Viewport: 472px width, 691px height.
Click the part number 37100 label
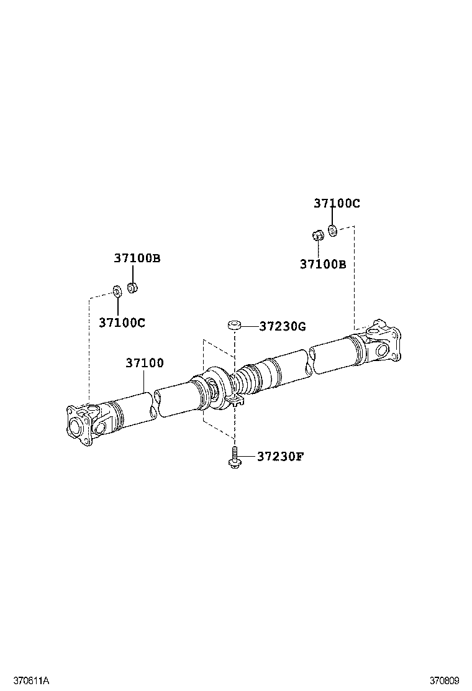144,363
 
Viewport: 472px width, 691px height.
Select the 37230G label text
283,326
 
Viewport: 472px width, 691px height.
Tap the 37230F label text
280,457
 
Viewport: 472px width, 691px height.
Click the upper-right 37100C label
336,203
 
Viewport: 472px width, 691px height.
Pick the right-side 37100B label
322,264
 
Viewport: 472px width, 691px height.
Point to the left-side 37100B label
137,258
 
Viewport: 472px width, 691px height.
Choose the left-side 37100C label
122,323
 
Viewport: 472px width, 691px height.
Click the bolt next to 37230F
234,459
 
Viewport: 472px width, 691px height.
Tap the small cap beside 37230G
234,324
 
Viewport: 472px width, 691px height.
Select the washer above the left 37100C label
116,290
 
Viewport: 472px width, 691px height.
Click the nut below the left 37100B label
132,287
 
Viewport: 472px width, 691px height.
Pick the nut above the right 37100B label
316,235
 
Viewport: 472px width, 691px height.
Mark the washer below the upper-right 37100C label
332,231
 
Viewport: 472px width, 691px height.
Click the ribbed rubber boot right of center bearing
248,378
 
